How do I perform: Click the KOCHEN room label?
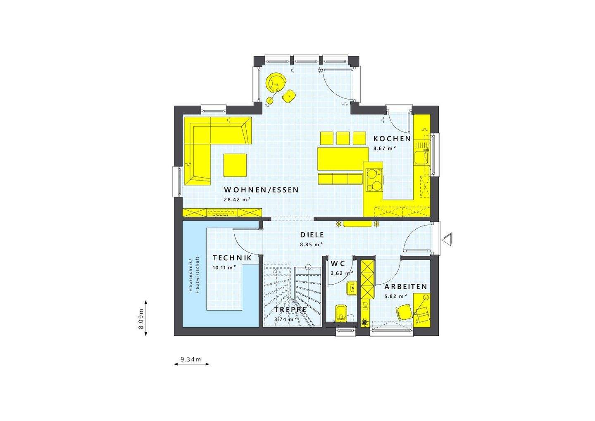pyautogui.click(x=392, y=139)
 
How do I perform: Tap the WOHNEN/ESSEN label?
pyautogui.click(x=261, y=190)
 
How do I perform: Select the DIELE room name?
pyautogui.click(x=312, y=235)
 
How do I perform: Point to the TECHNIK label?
pyautogui.click(x=232, y=258)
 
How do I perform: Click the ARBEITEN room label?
pyautogui.click(x=406, y=287)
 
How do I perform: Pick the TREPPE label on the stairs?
pyautogui.click(x=290, y=309)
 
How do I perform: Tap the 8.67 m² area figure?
pyautogui.click(x=385, y=148)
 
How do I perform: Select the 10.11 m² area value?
pyautogui.click(x=224, y=267)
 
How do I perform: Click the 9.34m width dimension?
pyautogui.click(x=190, y=359)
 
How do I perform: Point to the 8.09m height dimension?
pyautogui.click(x=141, y=319)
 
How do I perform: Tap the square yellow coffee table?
pyautogui.click(x=235, y=165)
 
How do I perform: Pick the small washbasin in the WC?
pyautogui.click(x=352, y=288)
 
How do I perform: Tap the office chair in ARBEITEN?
pyautogui.click(x=404, y=311)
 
